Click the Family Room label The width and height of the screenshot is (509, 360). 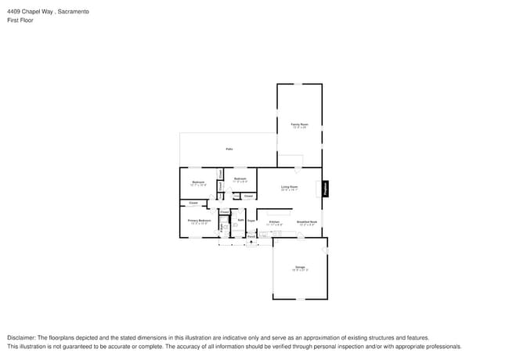(x=299, y=124)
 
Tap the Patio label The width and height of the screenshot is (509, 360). (x=229, y=149)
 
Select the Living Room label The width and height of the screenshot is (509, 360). (x=289, y=187)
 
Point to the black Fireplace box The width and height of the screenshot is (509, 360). (x=326, y=189)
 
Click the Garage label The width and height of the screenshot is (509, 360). (x=299, y=268)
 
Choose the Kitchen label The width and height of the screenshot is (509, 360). (x=274, y=222)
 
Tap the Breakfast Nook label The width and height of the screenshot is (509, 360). (x=306, y=222)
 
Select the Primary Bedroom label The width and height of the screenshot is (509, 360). (x=198, y=221)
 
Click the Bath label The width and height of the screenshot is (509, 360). (x=240, y=220)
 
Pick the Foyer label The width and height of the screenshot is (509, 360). (x=251, y=221)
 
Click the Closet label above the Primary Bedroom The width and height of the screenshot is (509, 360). (x=193, y=203)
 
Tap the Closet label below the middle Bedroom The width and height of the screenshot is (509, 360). (x=247, y=196)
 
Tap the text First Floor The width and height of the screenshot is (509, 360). (x=20, y=20)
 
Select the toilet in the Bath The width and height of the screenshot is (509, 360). (x=235, y=225)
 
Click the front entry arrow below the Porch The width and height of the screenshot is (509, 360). (x=251, y=242)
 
